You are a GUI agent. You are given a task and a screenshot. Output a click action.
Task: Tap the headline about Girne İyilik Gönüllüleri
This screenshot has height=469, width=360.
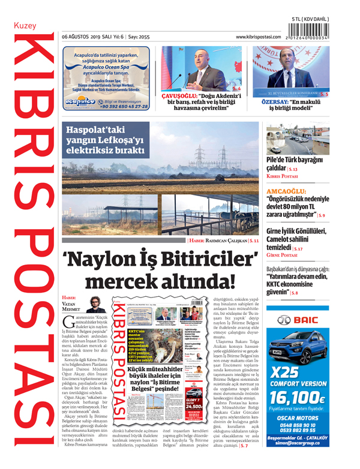(296, 239)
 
